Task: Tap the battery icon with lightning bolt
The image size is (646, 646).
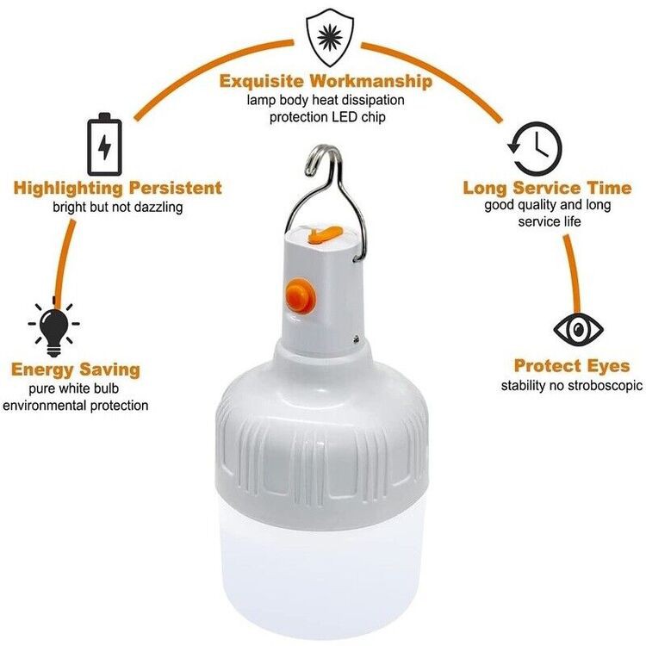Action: (x=104, y=146)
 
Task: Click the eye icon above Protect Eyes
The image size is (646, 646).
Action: (x=578, y=329)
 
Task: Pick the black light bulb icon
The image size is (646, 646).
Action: (x=53, y=326)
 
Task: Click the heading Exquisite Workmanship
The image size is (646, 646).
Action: (x=326, y=82)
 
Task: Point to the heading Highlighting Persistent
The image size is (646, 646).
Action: (x=118, y=188)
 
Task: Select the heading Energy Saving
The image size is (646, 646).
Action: (x=75, y=370)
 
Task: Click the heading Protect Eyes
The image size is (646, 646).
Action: (x=572, y=366)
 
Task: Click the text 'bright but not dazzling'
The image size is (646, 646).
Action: (x=118, y=207)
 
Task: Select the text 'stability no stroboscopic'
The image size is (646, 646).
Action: (x=572, y=385)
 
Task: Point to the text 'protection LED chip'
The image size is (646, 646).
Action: (x=326, y=116)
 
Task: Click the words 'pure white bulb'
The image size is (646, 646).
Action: (x=75, y=388)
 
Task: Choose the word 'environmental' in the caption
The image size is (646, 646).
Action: (x=42, y=405)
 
